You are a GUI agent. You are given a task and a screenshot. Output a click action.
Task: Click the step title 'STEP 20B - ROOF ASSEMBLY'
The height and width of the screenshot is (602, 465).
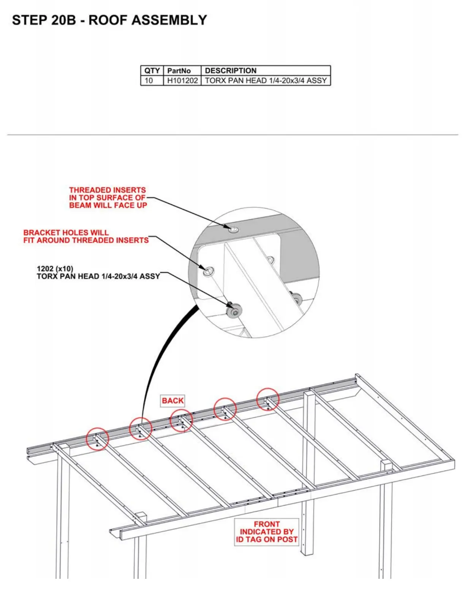(109, 20)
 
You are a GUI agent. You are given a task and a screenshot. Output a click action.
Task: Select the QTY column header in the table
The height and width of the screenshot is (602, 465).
(152, 71)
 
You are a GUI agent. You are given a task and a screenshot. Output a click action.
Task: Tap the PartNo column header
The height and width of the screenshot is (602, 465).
(179, 71)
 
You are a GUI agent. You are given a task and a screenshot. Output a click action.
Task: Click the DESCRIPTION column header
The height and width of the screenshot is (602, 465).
(231, 71)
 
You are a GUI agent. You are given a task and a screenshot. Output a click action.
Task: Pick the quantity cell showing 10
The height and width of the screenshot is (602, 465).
(149, 81)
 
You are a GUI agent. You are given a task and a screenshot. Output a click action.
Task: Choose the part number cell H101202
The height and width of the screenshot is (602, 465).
(182, 81)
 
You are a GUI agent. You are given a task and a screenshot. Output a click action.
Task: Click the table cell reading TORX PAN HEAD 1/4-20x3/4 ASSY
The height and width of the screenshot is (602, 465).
(266, 81)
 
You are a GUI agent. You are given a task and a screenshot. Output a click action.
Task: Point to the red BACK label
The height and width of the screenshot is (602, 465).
(173, 401)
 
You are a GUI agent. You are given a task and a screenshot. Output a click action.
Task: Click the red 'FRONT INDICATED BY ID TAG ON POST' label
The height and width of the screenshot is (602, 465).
(267, 532)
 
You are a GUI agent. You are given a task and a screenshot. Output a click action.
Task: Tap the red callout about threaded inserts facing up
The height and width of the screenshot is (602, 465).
(108, 198)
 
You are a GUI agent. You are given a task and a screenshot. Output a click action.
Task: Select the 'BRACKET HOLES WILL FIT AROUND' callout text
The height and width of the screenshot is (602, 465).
(86, 236)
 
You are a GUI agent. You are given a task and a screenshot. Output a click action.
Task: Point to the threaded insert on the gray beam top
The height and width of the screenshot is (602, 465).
(233, 230)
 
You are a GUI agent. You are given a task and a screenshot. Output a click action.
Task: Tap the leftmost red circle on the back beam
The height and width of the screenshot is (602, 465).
(98, 439)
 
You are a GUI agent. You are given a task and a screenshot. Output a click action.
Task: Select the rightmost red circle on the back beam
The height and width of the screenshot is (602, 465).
(268, 399)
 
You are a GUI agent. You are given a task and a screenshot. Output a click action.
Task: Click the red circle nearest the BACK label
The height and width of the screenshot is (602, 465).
(181, 421)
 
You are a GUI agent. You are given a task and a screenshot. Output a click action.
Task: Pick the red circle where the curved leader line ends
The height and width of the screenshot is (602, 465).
(141, 429)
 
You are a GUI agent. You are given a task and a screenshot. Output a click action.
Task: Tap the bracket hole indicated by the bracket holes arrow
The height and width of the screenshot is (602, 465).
(208, 272)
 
